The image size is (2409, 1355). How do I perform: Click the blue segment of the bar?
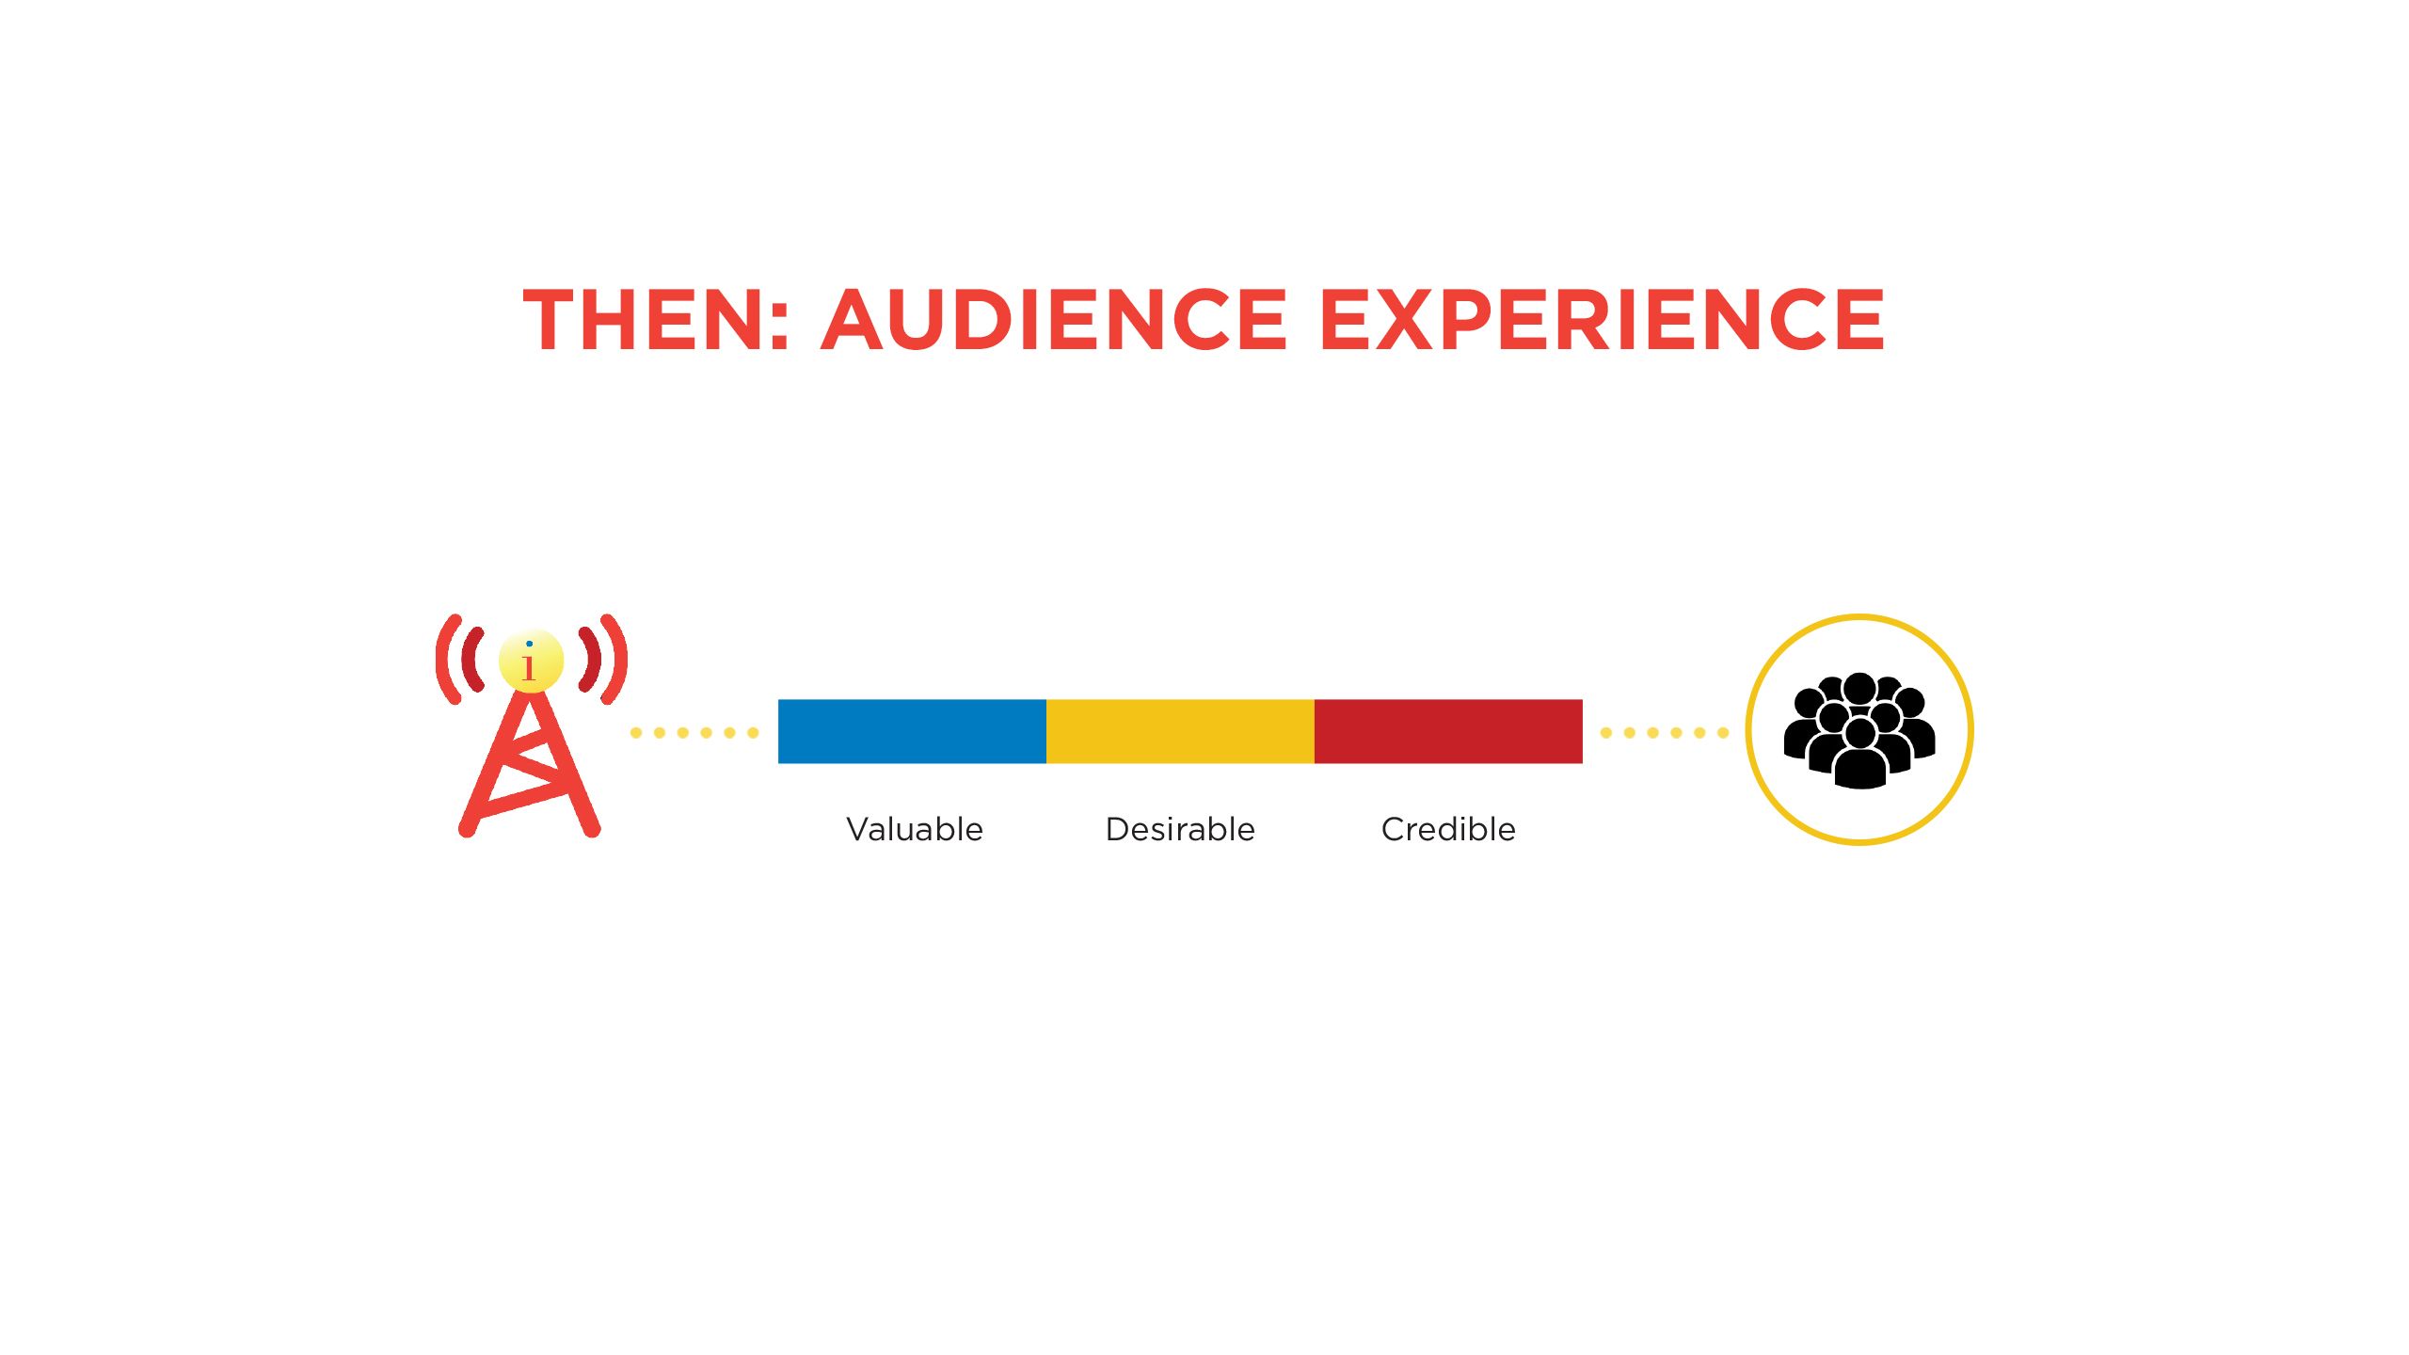pos(912,731)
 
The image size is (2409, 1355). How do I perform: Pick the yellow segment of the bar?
pos(1180,731)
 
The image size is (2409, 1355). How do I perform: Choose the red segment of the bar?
pos(1448,731)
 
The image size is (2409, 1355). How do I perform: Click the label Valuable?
pos(914,829)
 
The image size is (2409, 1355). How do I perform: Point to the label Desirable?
pos(1180,829)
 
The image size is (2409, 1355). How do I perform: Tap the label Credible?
pos(1448,829)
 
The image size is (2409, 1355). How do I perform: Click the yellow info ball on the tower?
pos(531,661)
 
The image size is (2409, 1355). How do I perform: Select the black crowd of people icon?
pos(1859,730)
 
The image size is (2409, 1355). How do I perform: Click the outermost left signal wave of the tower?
pos(445,659)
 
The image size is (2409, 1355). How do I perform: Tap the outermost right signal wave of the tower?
pos(617,659)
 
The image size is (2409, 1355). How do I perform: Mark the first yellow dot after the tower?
pos(636,732)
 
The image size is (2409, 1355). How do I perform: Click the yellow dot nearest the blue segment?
pos(753,732)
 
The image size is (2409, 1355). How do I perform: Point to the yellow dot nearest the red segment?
pos(1606,732)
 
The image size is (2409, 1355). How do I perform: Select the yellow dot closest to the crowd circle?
pos(1723,732)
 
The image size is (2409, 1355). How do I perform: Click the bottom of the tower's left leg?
pos(467,828)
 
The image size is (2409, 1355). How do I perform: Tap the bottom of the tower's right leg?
pos(592,828)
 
